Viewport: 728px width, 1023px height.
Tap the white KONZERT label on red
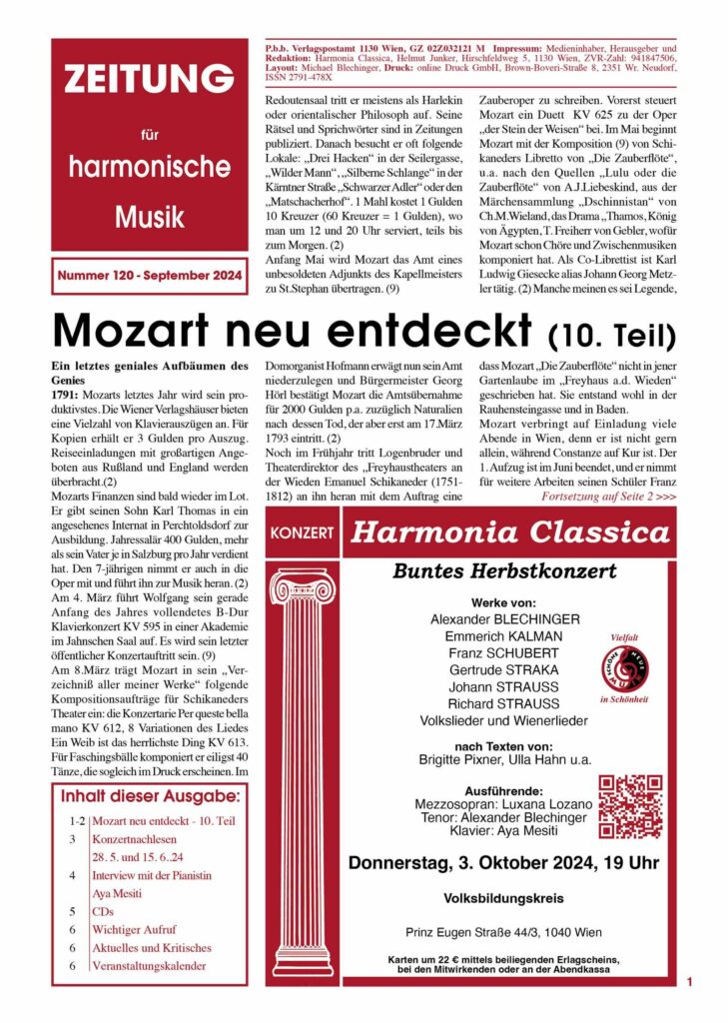click(302, 532)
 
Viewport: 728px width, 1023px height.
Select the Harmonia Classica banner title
click(510, 531)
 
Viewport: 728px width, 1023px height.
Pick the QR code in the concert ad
click(631, 805)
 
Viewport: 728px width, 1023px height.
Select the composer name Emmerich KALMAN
click(489, 636)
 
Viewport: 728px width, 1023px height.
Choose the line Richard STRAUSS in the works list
click(489, 702)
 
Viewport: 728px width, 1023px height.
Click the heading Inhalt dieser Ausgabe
click(150, 796)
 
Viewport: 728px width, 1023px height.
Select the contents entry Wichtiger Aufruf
click(135, 929)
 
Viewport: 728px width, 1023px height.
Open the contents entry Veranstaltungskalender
click(149, 966)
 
